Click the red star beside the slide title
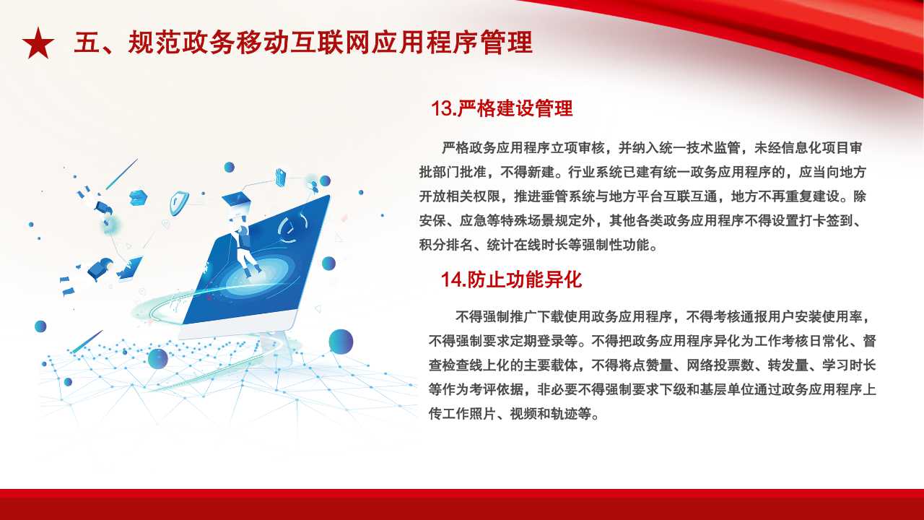tap(38, 43)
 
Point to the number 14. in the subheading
tap(453, 279)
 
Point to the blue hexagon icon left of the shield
tap(138, 198)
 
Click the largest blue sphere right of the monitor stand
tap(341, 342)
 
